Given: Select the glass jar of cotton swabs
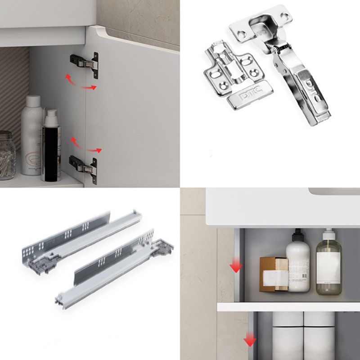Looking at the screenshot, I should coord(6,155).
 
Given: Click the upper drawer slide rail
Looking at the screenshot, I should coord(81,236).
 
